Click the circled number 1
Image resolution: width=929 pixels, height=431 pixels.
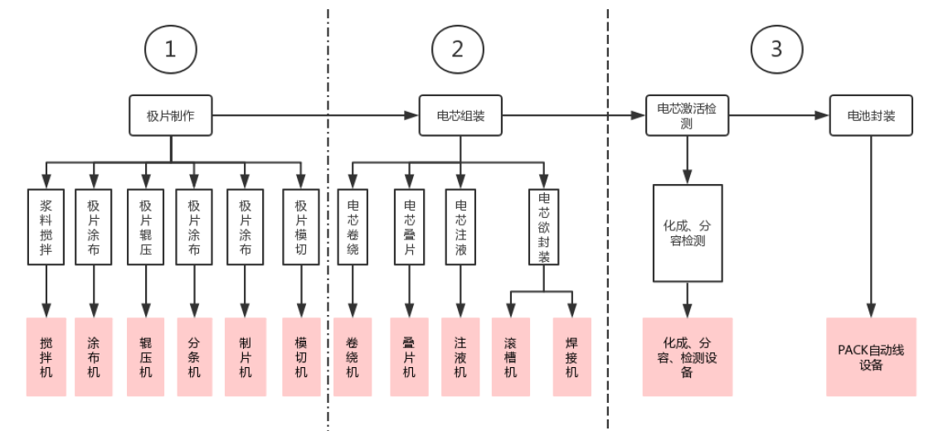pos(171,50)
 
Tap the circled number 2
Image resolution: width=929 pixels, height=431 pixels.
pos(457,50)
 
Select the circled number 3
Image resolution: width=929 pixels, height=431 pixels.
pos(776,50)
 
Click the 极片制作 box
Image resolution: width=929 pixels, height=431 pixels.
pos(171,116)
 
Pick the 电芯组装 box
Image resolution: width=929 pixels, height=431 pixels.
pos(460,116)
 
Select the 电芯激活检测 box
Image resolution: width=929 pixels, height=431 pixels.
pos(687,116)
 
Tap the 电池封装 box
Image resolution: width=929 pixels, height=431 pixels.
pos(872,116)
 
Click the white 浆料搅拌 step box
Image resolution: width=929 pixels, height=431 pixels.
pos(46,227)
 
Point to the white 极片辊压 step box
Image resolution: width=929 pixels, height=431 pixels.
pos(146,227)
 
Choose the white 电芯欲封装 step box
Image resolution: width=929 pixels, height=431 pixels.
pos(544,227)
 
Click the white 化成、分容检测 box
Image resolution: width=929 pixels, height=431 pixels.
pos(687,233)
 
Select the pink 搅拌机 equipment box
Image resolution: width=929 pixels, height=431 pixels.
pos(46,356)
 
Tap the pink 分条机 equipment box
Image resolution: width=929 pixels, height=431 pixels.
pos(194,356)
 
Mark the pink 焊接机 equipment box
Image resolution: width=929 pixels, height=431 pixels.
pos(572,356)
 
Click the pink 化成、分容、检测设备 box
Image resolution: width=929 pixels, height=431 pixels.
pos(687,356)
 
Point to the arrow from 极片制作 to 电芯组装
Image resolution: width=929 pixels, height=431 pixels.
pos(315,116)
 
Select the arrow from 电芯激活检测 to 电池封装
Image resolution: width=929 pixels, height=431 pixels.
pos(780,116)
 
